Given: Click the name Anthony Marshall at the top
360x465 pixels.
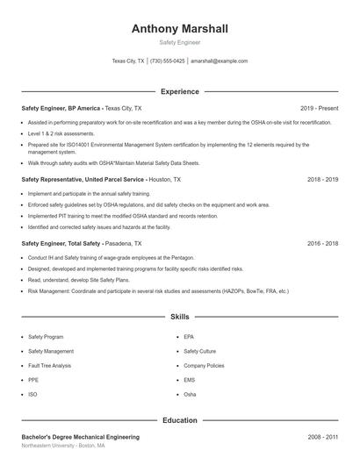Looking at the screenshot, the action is pyautogui.click(x=179, y=29).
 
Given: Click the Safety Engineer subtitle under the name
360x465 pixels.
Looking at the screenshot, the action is pyautogui.click(x=179, y=42).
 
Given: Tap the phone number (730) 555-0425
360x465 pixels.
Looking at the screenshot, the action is pyautogui.click(x=168, y=61).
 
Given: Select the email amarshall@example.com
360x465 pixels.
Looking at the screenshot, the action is pyautogui.click(x=219, y=61).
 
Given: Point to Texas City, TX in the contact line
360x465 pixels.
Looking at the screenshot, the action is pyautogui.click(x=128, y=61).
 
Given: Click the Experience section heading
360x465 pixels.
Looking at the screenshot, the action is pyautogui.click(x=179, y=91).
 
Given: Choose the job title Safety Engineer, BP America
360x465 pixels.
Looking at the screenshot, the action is pyautogui.click(x=61, y=108).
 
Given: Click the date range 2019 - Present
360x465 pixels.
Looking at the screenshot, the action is pyautogui.click(x=319, y=108).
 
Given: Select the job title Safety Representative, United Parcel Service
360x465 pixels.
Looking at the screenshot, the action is pyautogui.click(x=83, y=179).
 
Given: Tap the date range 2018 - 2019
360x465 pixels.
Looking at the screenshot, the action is pyautogui.click(x=322, y=179).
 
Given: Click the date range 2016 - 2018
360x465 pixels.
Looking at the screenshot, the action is pyautogui.click(x=322, y=242).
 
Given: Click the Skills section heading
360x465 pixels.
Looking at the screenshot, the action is pyautogui.click(x=179, y=316).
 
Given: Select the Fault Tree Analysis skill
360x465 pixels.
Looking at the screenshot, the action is pyautogui.click(x=50, y=365).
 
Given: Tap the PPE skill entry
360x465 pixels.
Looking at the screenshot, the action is pyautogui.click(x=32, y=380).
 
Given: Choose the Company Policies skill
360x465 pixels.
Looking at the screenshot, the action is pyautogui.click(x=204, y=365).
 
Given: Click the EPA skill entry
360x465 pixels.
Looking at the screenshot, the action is pyautogui.click(x=189, y=337).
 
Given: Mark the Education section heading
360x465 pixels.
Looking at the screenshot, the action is pyautogui.click(x=179, y=420).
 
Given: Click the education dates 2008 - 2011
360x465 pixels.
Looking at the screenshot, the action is pyautogui.click(x=322, y=436).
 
